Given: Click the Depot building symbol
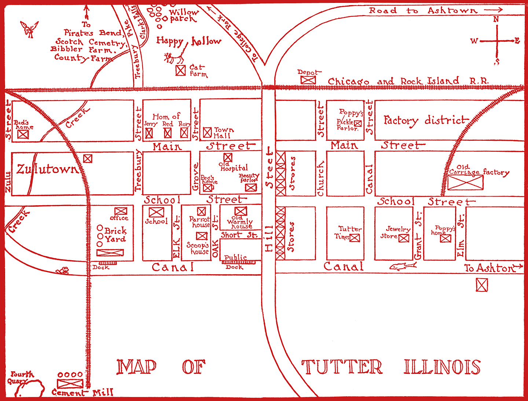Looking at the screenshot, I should pyautogui.click(x=308, y=80).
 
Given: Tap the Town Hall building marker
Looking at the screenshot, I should pyautogui.click(x=208, y=132).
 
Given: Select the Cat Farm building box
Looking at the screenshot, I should pyautogui.click(x=180, y=70).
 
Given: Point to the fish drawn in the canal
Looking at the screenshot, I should pyautogui.click(x=402, y=266).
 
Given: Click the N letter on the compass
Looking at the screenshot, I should pyautogui.click(x=496, y=19).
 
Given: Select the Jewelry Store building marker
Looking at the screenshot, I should pyautogui.click(x=404, y=238).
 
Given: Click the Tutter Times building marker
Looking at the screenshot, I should pyautogui.click(x=355, y=238).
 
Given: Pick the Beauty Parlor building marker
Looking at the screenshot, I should pyautogui.click(x=251, y=188).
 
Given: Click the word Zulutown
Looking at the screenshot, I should pyautogui.click(x=47, y=169).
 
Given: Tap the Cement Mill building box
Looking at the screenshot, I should pyautogui.click(x=70, y=383).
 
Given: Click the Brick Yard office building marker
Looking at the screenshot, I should pyautogui.click(x=121, y=211).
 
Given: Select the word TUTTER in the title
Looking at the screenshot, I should pyautogui.click(x=342, y=367).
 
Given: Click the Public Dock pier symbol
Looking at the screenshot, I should pyautogui.click(x=239, y=262).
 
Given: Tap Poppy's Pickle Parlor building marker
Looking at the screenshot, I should pyautogui.click(x=358, y=124).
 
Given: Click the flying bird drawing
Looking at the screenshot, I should pyautogui.click(x=29, y=29).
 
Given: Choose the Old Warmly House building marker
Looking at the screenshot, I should pyautogui.click(x=241, y=211).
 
